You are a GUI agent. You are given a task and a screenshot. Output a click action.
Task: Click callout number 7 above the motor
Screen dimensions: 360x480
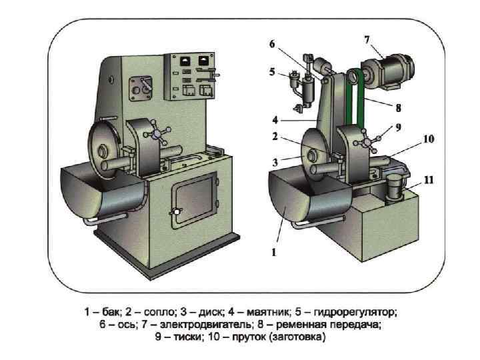click(367, 39)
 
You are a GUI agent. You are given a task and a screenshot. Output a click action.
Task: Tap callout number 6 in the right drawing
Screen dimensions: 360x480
click(272, 44)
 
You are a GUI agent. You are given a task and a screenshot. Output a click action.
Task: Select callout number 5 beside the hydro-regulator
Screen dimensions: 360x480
click(272, 72)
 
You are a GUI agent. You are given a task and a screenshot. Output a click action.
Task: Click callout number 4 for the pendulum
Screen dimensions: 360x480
click(274, 121)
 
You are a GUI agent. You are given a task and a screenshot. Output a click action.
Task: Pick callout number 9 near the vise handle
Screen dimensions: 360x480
click(397, 127)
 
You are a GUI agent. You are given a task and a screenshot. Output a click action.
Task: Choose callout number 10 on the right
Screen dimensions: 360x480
click(428, 139)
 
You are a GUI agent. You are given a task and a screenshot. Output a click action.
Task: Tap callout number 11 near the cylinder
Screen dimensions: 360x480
click(429, 179)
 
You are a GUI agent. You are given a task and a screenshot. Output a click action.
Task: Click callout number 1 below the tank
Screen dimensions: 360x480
click(273, 252)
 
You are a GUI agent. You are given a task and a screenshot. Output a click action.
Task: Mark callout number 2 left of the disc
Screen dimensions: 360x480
click(274, 137)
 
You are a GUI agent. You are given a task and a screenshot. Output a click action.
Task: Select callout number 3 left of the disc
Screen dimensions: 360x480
click(274, 161)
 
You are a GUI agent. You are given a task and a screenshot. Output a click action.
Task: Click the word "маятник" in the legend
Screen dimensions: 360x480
click(268, 312)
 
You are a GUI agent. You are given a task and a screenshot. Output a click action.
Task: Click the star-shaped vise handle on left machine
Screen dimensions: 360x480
click(159, 134)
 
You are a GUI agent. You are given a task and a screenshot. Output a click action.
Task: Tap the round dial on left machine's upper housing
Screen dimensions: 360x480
click(142, 85)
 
